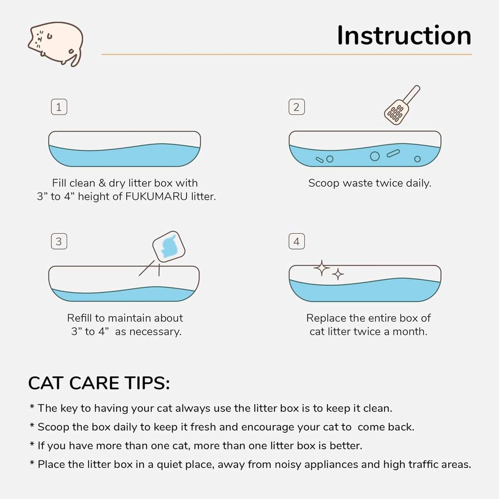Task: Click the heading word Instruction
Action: pyautogui.click(x=404, y=36)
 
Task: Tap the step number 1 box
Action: pyautogui.click(x=59, y=107)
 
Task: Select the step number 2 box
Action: pyautogui.click(x=296, y=107)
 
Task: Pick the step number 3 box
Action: pyautogui.click(x=59, y=241)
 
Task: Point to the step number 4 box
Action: pyautogui.click(x=296, y=241)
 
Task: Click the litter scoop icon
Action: pyautogui.click(x=401, y=106)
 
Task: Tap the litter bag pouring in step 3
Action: pyautogui.click(x=169, y=247)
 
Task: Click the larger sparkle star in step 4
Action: pyautogui.click(x=322, y=268)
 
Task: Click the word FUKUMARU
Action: pyautogui.click(x=156, y=196)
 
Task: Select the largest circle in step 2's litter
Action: pyautogui.click(x=375, y=156)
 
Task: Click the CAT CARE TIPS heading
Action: pyautogui.click(x=99, y=383)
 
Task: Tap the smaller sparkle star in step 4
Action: pyautogui.click(x=338, y=274)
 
